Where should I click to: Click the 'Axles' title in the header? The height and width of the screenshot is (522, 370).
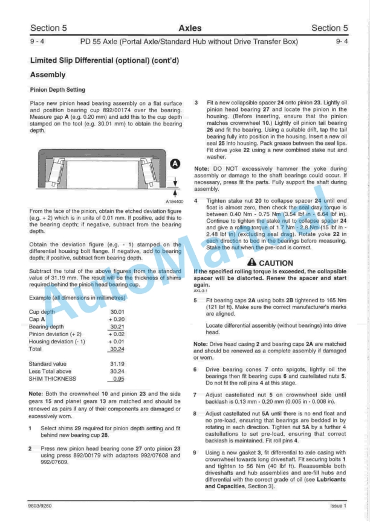pyautogui.click(x=190, y=28)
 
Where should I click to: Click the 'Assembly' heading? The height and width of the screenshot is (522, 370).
pyautogui.click(x=48, y=75)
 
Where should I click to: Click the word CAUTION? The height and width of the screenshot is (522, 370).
pyautogui.click(x=276, y=263)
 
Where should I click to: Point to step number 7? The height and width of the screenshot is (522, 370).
pyautogui.click(x=195, y=393)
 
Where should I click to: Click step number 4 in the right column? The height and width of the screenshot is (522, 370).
pyautogui.click(x=195, y=200)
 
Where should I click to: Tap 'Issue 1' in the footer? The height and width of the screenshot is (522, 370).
pyautogui.click(x=339, y=505)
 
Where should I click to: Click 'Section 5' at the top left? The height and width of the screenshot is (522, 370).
pyautogui.click(x=48, y=28)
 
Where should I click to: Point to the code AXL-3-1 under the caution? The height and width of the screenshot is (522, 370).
pyautogui.click(x=201, y=290)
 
